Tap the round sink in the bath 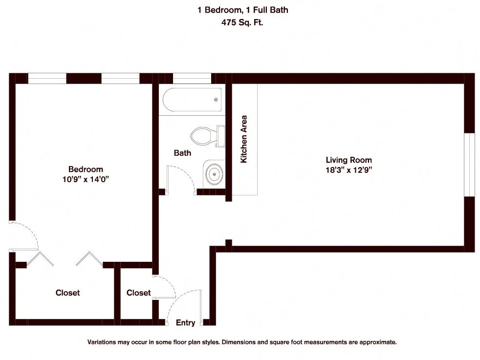pos(214,174)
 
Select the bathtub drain pos(216,100)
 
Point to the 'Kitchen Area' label pos(244,139)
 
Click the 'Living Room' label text pos(349,160)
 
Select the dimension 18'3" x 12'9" pos(349,170)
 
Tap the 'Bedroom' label pos(86,169)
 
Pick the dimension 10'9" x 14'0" pos(86,179)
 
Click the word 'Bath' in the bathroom pos(182,153)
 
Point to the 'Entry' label pos(185,322)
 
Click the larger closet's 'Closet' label pos(67,293)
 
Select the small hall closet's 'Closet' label pos(138,293)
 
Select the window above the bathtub pos(192,79)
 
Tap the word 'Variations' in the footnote pos(103,342)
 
